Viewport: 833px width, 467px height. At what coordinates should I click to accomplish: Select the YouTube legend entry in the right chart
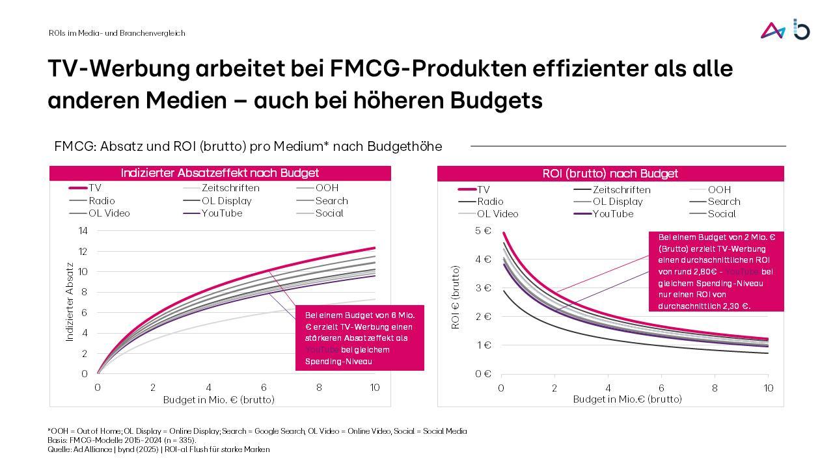coord(612,214)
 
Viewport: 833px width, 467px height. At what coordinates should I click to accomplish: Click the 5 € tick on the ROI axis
coord(483,231)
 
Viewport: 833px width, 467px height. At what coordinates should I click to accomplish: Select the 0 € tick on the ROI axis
coord(483,373)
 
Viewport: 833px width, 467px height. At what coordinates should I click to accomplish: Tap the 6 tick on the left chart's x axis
coord(264,388)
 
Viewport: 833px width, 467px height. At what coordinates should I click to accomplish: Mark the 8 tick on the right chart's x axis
coord(715,388)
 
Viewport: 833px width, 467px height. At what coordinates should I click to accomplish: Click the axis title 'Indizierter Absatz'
coord(70,302)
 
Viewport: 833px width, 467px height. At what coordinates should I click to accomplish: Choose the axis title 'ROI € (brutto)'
coord(456,297)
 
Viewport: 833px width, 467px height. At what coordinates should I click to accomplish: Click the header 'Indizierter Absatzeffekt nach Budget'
coord(220,173)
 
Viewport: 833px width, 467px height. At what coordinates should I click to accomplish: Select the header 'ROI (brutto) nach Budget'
coord(610,174)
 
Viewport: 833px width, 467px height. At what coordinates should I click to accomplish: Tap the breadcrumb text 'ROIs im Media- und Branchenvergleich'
coord(116,33)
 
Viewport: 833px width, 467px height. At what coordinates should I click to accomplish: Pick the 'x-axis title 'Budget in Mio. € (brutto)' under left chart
coord(219,399)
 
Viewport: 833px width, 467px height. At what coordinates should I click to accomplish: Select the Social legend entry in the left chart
coord(329,213)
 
